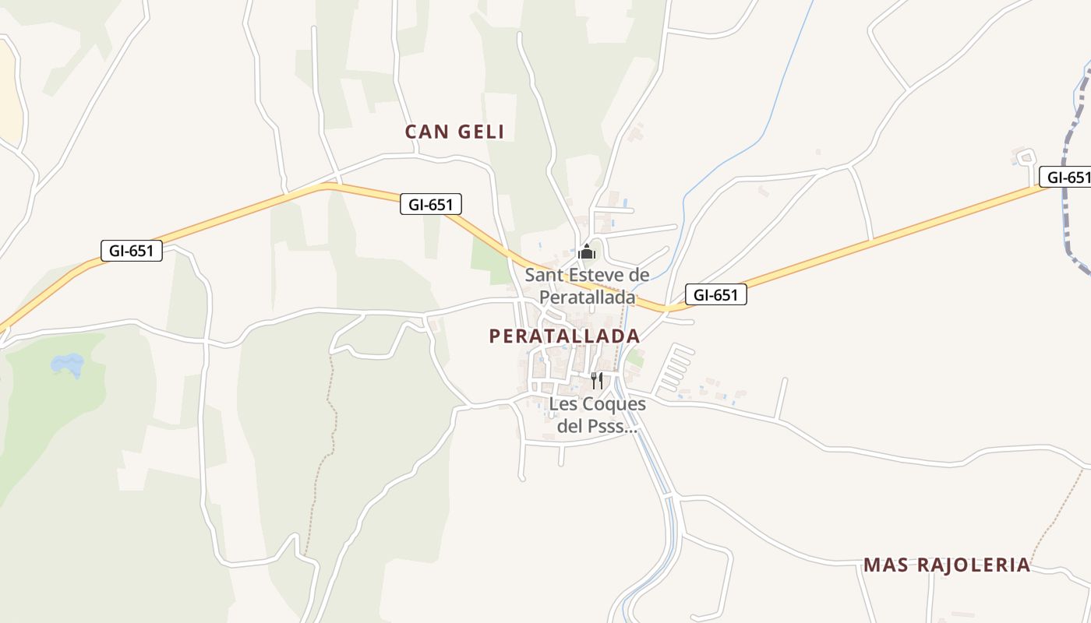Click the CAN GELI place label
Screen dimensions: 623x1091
(454, 132)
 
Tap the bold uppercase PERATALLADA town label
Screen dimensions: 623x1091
(564, 336)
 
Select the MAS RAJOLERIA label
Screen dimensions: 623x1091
(947, 565)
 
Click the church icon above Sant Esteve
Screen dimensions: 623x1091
(587, 252)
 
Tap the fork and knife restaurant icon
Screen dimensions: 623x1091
(596, 380)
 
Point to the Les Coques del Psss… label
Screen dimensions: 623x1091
(598, 415)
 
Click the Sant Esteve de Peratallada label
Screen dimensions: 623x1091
(587, 286)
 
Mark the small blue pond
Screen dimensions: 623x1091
(67, 364)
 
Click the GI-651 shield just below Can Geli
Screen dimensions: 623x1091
(431, 204)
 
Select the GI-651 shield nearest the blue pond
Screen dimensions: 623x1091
(132, 250)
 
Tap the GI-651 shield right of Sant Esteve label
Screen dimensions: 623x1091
(715, 294)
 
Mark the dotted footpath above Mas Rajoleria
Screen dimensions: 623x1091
(1058, 506)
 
